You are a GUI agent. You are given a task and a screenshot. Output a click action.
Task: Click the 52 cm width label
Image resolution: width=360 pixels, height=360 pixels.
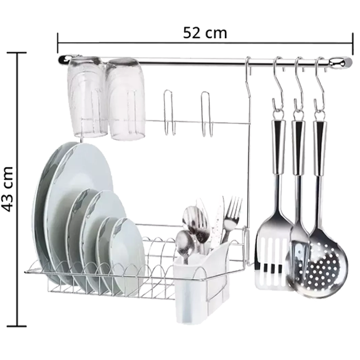click(205, 33)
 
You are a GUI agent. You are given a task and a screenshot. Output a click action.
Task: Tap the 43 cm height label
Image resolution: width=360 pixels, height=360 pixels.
click(7, 189)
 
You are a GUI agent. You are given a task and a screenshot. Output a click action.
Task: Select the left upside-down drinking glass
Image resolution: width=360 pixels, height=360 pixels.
click(87, 96)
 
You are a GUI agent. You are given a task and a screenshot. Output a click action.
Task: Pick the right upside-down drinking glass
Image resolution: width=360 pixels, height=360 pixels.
click(125, 99)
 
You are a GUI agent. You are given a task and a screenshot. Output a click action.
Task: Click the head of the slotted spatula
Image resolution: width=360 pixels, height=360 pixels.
click(274, 255)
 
